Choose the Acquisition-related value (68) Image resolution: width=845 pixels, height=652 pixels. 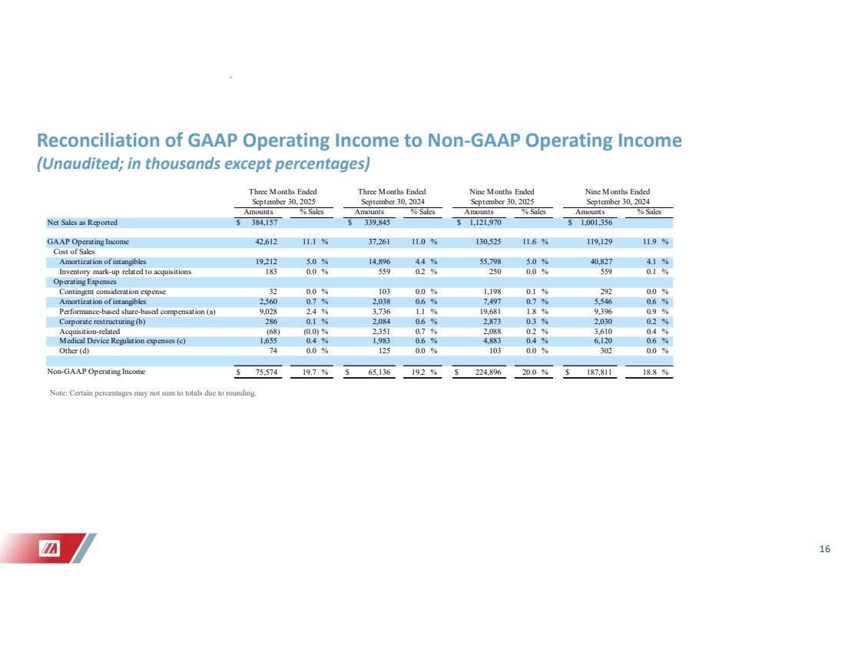click(272, 331)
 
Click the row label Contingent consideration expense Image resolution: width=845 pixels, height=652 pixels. click(112, 292)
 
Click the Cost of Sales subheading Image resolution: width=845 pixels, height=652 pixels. click(73, 252)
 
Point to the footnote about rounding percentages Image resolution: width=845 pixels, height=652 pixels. click(151, 395)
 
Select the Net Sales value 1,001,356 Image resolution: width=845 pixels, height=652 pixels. click(591, 223)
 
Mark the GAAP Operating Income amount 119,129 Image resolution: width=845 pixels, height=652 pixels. click(596, 242)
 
